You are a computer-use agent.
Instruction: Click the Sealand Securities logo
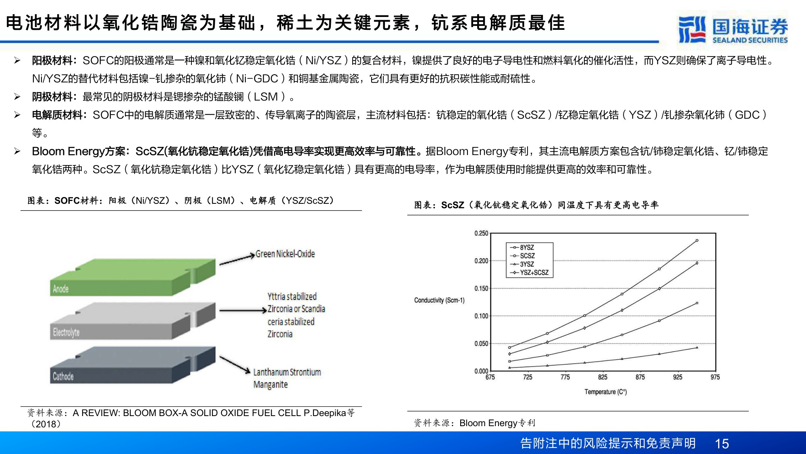733,30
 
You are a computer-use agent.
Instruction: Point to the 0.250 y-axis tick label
481,233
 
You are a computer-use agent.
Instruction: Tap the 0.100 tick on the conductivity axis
481,316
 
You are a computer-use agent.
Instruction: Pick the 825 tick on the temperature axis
602,377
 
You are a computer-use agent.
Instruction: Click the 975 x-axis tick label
715,377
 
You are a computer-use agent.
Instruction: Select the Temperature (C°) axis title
605,392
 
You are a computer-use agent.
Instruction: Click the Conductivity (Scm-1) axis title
439,300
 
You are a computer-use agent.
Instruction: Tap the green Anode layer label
61,289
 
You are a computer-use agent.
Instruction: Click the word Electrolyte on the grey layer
66,333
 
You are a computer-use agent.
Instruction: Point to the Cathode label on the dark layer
63,377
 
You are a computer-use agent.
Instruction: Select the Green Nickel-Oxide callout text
285,254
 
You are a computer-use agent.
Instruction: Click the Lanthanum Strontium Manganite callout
287,378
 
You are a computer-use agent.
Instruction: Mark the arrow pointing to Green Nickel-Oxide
237,259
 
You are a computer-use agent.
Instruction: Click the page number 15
722,444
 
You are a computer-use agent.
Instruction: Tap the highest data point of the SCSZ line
697,241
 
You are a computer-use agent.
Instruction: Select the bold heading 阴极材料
52,97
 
